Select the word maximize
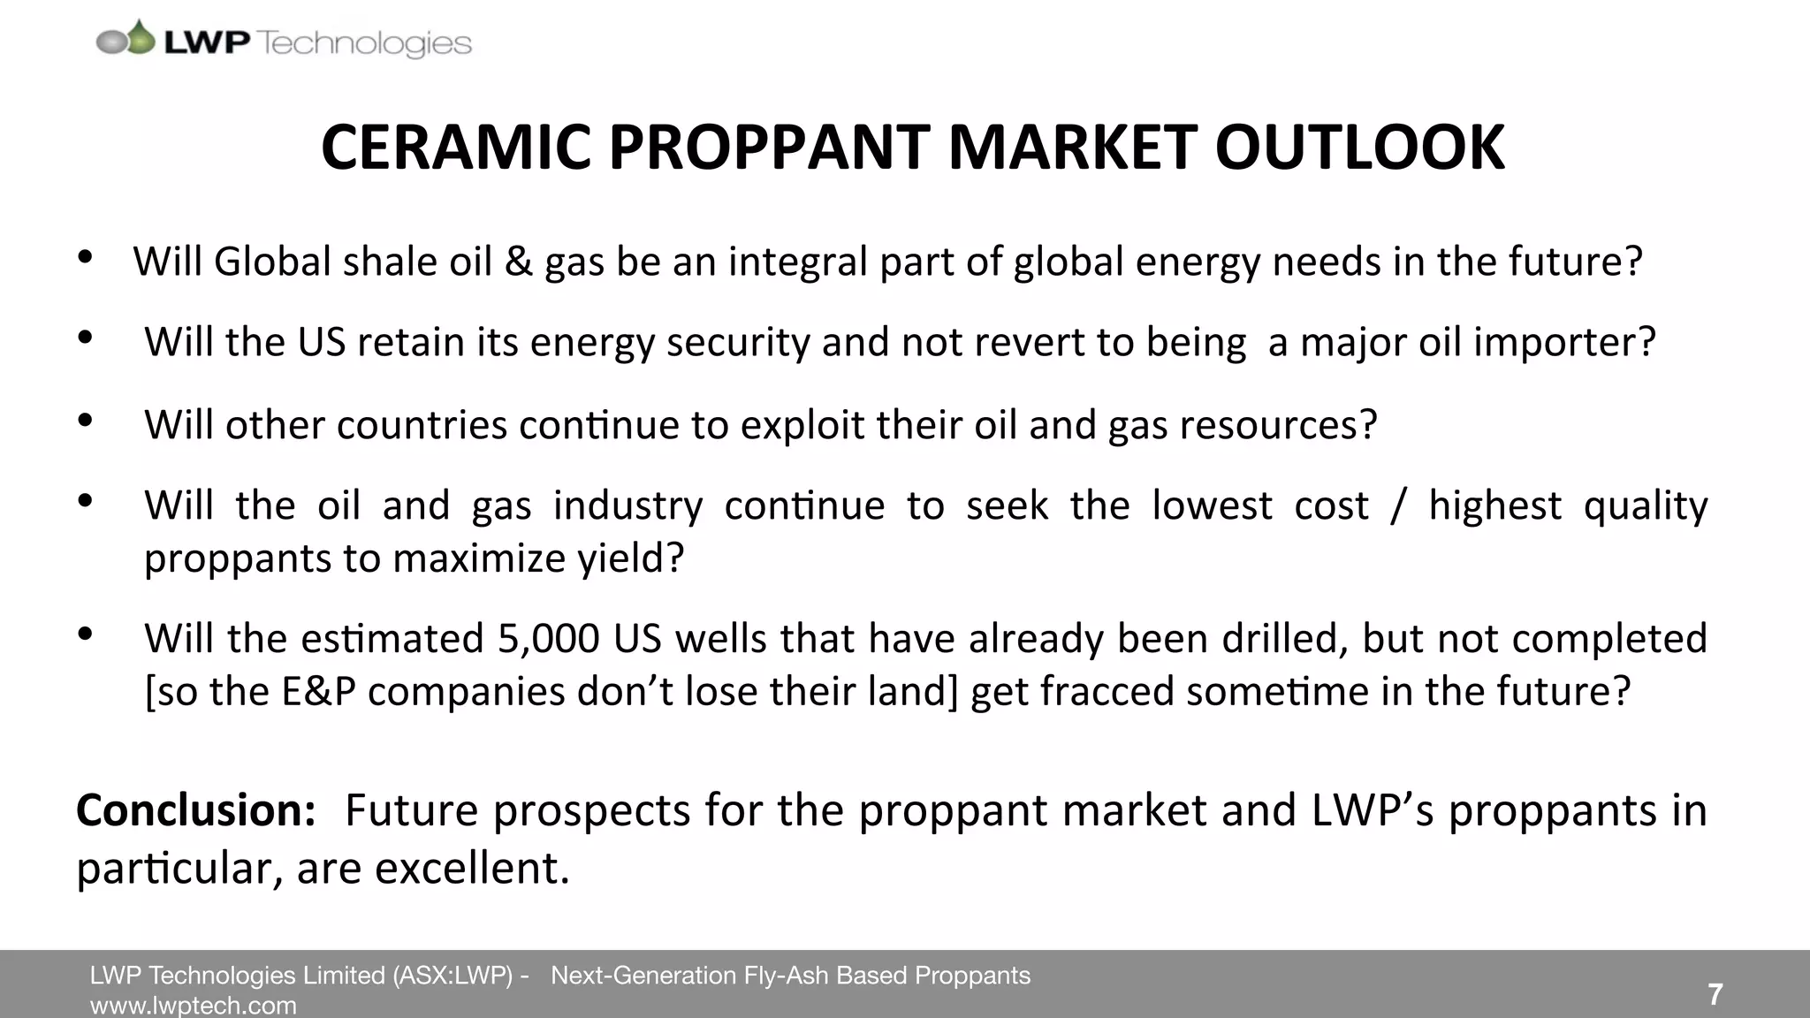(x=483, y=558)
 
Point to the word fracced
(x=1107, y=691)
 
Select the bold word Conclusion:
(x=195, y=810)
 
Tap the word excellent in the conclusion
(x=472, y=868)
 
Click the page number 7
(x=1715, y=994)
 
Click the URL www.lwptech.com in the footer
(x=193, y=1006)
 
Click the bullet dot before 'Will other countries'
(x=85, y=421)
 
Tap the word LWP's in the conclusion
(x=1373, y=810)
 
